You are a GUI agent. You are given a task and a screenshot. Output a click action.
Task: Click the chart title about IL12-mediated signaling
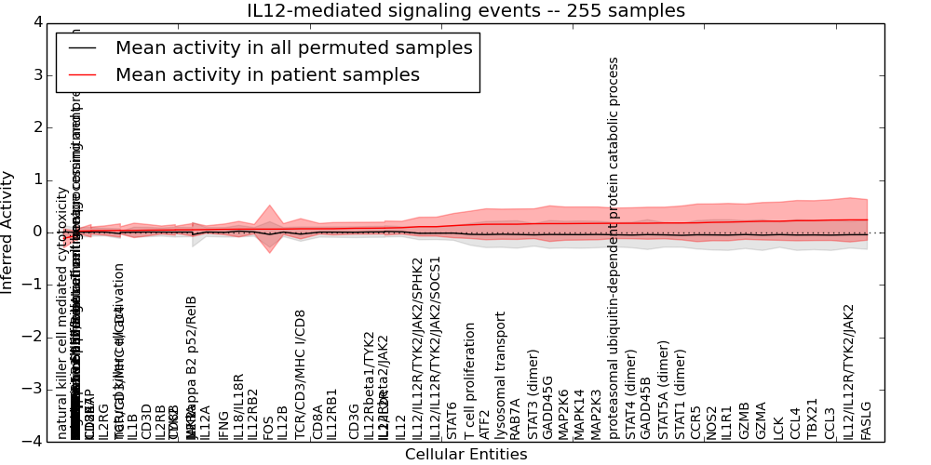(465, 11)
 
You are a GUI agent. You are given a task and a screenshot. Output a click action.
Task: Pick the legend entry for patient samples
(267, 74)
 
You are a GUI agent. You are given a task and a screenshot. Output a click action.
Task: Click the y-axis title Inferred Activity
(7, 232)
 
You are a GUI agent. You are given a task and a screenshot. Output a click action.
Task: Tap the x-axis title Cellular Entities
(465, 455)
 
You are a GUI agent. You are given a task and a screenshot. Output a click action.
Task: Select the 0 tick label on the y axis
(40, 232)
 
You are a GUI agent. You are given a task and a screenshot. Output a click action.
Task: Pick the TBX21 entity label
(812, 419)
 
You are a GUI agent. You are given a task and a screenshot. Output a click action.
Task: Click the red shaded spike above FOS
(269, 212)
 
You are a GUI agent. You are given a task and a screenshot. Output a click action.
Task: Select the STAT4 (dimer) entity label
(631, 395)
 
